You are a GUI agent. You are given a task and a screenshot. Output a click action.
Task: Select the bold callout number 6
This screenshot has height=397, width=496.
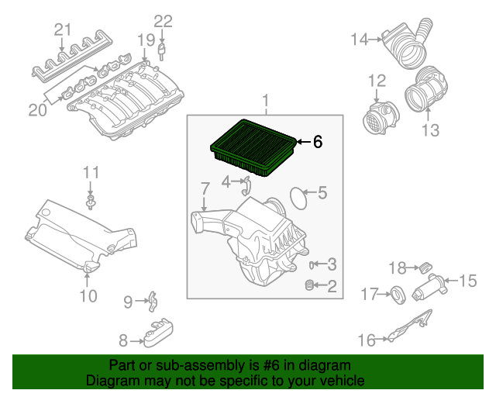[x=317, y=142]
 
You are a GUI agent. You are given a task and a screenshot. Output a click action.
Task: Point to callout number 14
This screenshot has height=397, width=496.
[x=360, y=38]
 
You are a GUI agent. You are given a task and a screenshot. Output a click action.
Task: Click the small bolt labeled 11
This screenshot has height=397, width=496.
[x=91, y=203]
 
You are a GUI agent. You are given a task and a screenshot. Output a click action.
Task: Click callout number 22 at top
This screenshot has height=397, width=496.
[x=163, y=21]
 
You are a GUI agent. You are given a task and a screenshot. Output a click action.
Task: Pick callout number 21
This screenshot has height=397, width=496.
[x=63, y=30]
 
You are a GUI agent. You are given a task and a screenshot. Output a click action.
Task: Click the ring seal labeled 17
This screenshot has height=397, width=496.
[x=395, y=294]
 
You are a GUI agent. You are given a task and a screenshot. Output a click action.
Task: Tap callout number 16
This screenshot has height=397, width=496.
[x=367, y=339]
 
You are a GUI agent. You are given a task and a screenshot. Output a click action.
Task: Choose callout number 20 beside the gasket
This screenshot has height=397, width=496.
[x=38, y=110]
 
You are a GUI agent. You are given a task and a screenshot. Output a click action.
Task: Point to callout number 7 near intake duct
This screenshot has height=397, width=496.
[x=205, y=188]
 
